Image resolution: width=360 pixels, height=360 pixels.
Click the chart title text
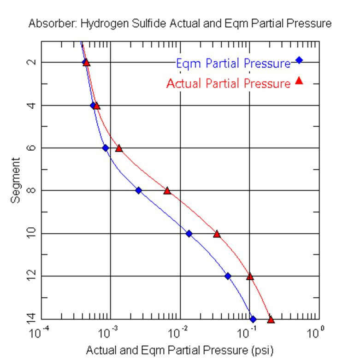coord(180,24)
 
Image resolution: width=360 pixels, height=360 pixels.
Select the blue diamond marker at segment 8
coord(138,190)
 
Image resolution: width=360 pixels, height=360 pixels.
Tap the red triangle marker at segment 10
coord(217,234)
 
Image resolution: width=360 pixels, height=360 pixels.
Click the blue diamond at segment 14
coord(253,319)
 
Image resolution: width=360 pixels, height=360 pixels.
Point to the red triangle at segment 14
coord(271,319)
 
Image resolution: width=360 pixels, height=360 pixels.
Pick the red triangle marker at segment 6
coord(119,148)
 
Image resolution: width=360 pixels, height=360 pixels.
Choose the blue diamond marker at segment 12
coord(228,276)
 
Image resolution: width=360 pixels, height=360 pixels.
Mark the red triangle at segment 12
coord(250,277)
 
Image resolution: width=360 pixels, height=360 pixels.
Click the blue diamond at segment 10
coord(189,233)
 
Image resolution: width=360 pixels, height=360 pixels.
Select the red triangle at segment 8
coord(167,190)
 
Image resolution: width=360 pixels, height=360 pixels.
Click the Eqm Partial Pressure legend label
coord(233,63)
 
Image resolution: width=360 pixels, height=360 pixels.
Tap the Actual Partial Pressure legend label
coord(228,83)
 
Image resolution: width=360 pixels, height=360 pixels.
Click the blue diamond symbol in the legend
coord(299,60)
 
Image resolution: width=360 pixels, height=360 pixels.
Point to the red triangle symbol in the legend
coord(299,81)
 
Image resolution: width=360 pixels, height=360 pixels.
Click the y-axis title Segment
coord(17,180)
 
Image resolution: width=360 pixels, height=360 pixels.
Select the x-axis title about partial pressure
coord(180,349)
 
